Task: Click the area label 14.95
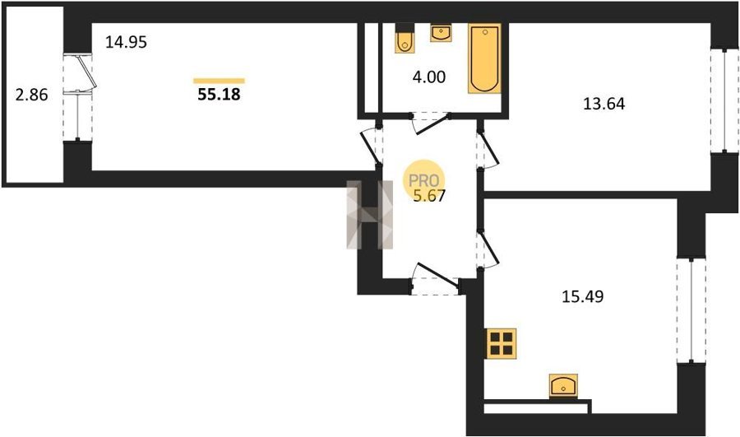point(126,43)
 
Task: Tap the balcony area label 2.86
point(31,95)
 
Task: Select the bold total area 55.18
point(219,95)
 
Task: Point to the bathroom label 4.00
point(429,77)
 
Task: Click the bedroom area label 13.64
point(604,104)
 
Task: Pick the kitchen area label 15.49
point(583,297)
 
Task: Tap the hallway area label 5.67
point(429,195)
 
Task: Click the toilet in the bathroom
point(404,38)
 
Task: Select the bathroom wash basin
point(441,33)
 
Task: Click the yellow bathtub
point(484,58)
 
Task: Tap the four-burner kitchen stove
point(502,343)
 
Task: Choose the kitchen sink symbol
point(564,386)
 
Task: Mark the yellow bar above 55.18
point(219,81)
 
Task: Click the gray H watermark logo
point(369,215)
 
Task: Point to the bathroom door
point(431,123)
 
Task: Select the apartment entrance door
point(436,279)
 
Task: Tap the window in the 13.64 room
point(725,100)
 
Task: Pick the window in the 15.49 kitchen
point(691,311)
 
